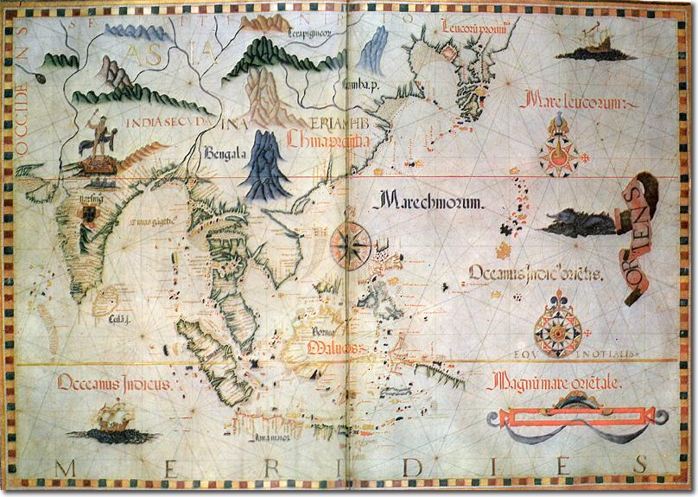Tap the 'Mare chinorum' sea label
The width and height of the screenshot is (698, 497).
click(427, 203)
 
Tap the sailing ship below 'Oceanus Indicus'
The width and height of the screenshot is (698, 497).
click(112, 425)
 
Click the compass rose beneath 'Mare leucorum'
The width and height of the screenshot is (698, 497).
click(557, 149)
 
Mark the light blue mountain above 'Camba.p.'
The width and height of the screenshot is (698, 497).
click(373, 52)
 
